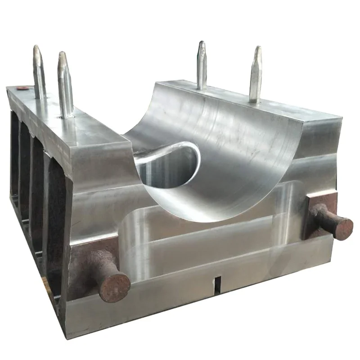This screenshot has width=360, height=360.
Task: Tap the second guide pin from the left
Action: pos(65,83)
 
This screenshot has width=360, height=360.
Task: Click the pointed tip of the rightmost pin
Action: pos(257,48)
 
